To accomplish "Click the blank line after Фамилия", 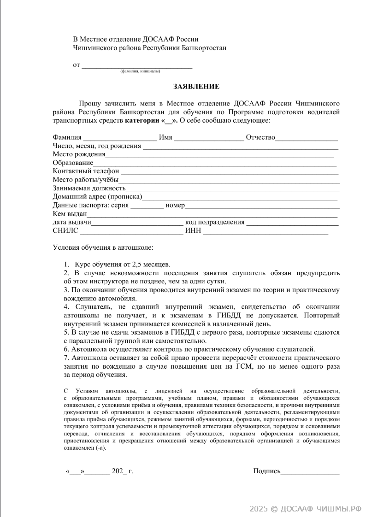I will pyautogui.click(x=120, y=138).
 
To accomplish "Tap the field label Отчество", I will pyautogui.click(x=260, y=137).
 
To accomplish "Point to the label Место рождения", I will pyautogui.click(x=79, y=154).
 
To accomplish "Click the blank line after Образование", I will pyautogui.click(x=215, y=163).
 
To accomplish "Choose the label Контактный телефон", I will pyautogui.click(x=86, y=171).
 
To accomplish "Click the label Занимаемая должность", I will pyautogui.click(x=89, y=188).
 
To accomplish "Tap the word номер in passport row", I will pyautogui.click(x=175, y=206).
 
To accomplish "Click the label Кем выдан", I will pyautogui.click(x=70, y=214).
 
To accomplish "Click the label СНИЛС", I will pyautogui.click(x=65, y=231).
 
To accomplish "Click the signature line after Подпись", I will pyautogui.click(x=310, y=472).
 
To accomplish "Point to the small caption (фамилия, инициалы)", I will pyautogui.click(x=140, y=71).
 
